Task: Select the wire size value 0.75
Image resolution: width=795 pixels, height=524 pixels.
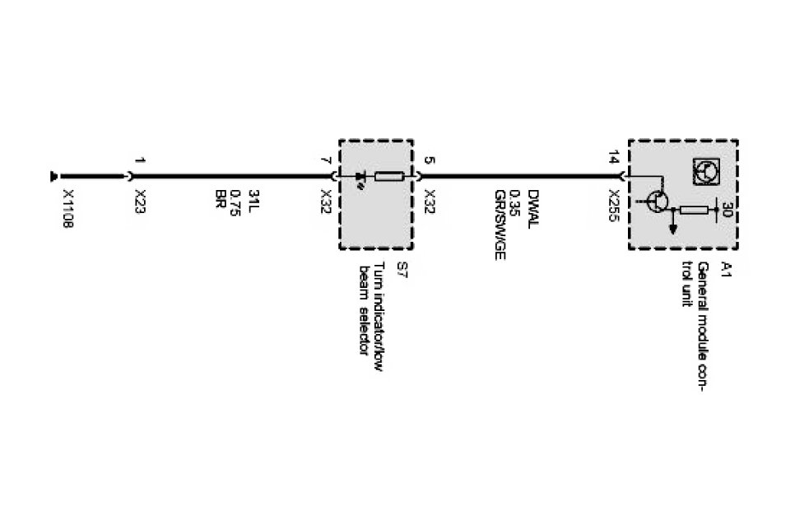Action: (x=237, y=202)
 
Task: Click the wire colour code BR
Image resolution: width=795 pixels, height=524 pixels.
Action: (x=221, y=198)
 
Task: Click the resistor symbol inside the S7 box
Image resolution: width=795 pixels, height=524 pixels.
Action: (x=388, y=176)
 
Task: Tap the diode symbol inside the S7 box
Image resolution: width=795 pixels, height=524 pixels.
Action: (x=360, y=177)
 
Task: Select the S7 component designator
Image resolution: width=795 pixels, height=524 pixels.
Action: (x=402, y=267)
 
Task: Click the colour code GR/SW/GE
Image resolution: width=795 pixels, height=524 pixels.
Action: (x=500, y=225)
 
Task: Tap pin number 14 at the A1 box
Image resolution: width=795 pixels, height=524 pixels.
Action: (x=615, y=160)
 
